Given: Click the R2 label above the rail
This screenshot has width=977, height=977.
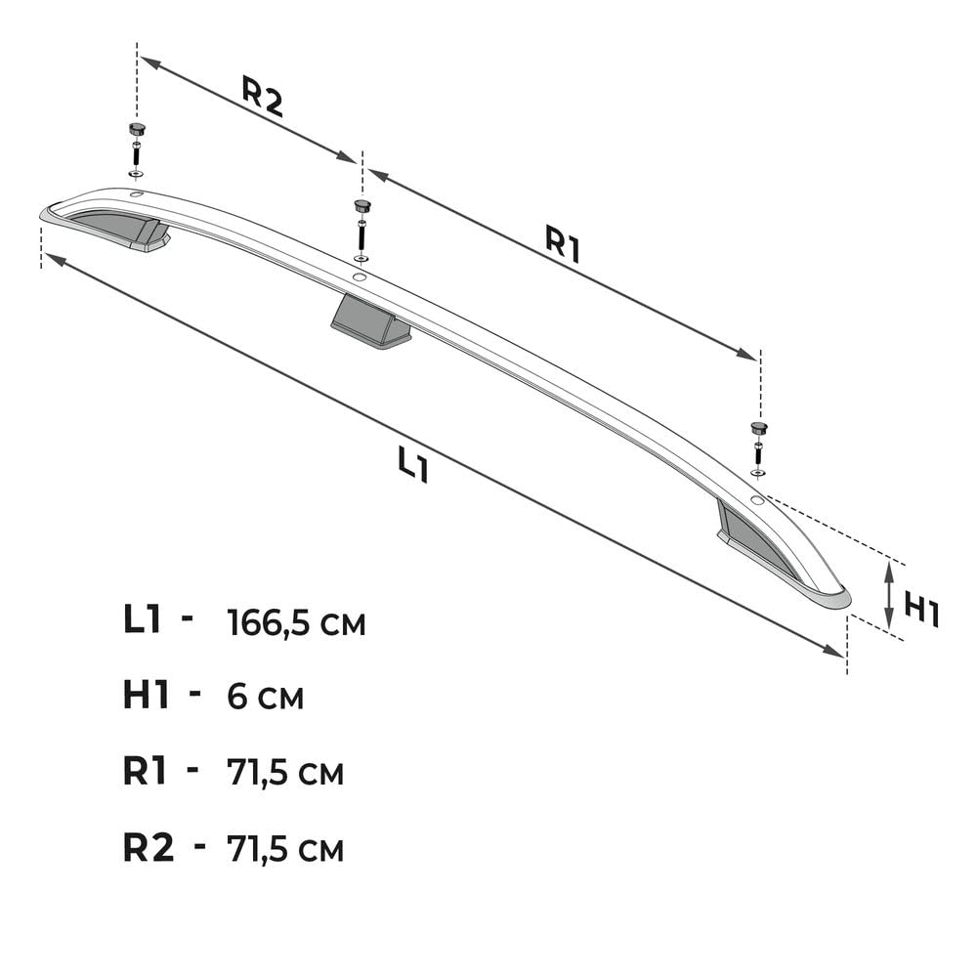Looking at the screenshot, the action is (262, 97).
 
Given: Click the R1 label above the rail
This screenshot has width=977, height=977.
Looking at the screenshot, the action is (563, 243).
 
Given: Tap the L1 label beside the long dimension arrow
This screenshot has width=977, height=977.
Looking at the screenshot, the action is (413, 465).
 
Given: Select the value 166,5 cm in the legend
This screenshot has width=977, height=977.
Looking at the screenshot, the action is (297, 622).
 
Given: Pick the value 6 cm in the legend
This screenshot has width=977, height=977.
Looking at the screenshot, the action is (266, 697).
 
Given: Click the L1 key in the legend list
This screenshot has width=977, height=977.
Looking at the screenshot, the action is (143, 620).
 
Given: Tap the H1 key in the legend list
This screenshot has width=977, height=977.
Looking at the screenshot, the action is (146, 695).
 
